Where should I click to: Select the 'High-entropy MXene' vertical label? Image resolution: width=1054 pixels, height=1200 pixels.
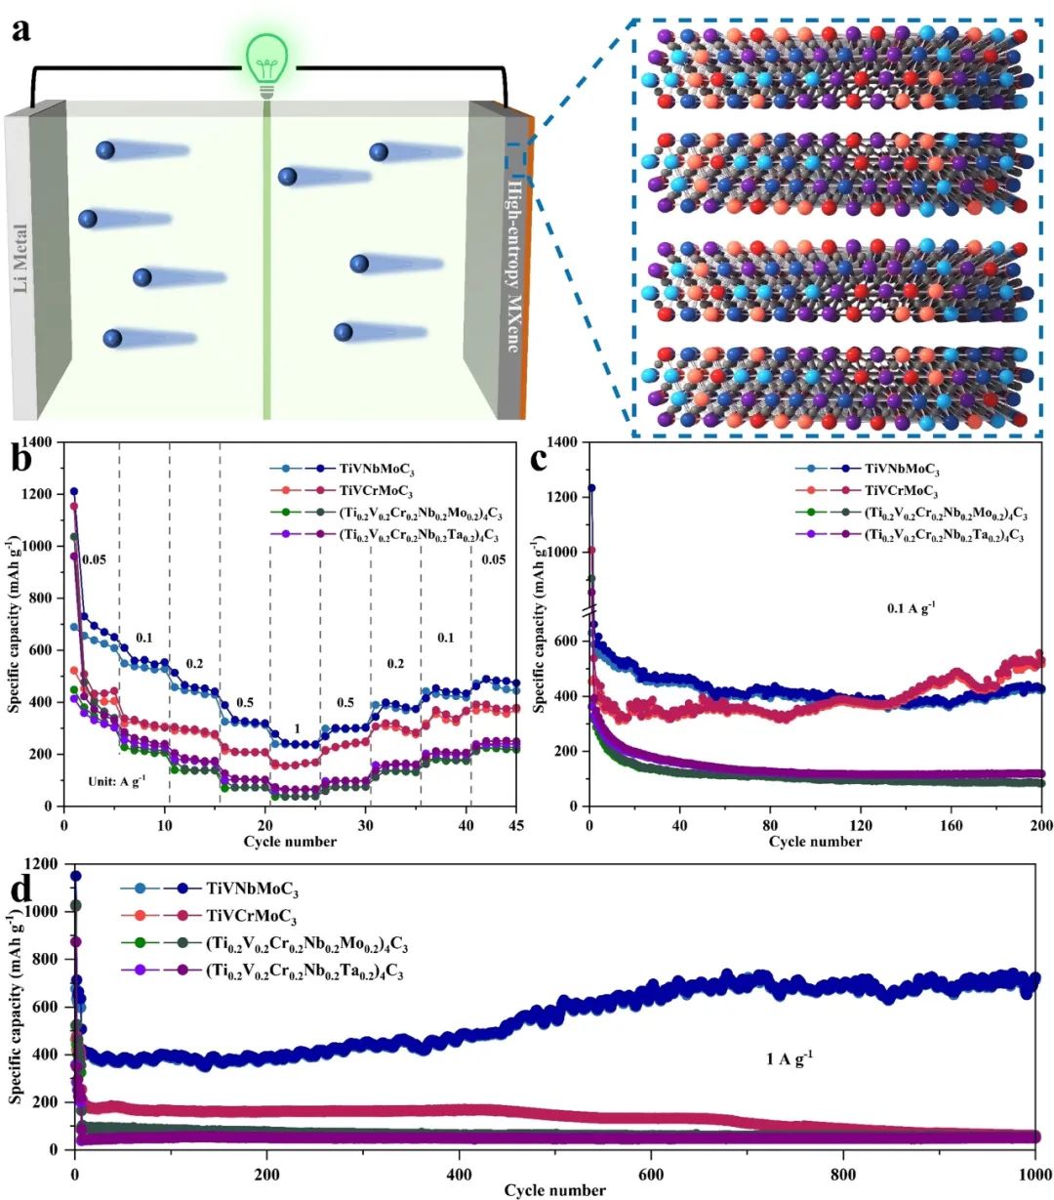coord(513,267)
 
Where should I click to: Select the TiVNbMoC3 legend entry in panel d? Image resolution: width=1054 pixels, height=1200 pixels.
coord(252,890)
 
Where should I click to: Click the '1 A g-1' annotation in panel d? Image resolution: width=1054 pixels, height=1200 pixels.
coord(790,1058)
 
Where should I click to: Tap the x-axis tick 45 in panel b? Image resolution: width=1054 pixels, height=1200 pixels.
coord(517,825)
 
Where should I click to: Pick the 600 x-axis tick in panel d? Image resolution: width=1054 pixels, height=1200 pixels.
coord(651,1170)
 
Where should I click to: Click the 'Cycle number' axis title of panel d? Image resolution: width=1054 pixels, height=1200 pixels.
coord(554,1190)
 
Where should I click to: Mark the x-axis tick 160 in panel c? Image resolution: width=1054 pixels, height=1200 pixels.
coord(952,825)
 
